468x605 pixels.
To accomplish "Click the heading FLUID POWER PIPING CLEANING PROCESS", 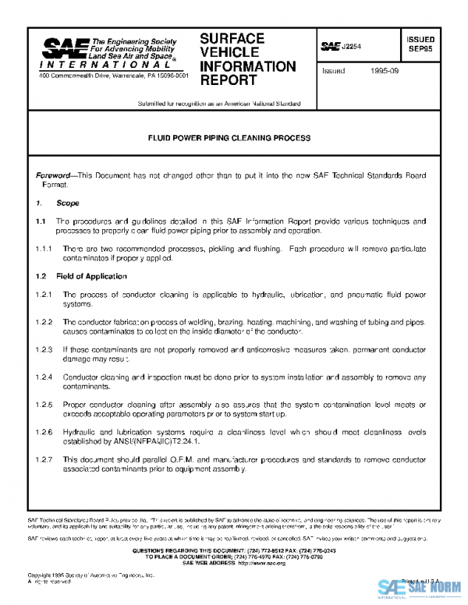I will (x=229, y=138).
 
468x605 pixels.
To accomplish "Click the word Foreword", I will (x=55, y=176).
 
